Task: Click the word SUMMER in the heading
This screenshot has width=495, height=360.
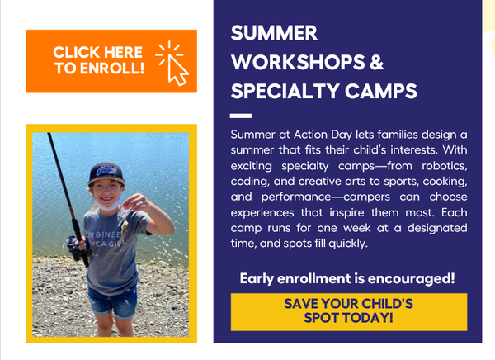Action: tap(274, 34)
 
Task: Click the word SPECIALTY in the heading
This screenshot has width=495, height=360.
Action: tap(285, 91)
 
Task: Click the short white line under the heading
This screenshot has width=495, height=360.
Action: tap(240, 116)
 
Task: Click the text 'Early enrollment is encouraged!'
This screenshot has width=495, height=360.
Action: tap(347, 278)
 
